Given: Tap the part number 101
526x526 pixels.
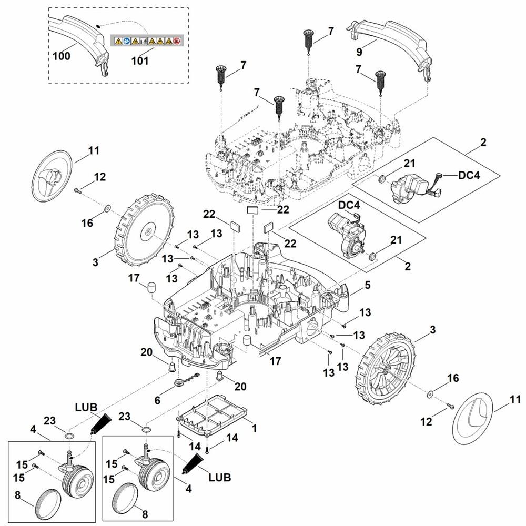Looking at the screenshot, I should tap(140, 60).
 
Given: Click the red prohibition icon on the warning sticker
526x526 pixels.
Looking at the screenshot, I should tap(177, 41).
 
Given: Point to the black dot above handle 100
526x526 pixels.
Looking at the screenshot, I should tap(99, 24).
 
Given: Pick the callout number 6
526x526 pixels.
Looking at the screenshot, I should tap(157, 400).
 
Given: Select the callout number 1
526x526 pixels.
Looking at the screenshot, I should tap(254, 429).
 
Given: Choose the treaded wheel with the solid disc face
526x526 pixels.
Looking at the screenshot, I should tap(144, 230).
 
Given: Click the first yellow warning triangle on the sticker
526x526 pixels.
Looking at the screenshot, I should tap(118, 41).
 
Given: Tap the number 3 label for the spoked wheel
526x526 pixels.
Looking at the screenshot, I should tap(432, 329).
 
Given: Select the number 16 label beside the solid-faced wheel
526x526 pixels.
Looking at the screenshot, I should tap(87, 223).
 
